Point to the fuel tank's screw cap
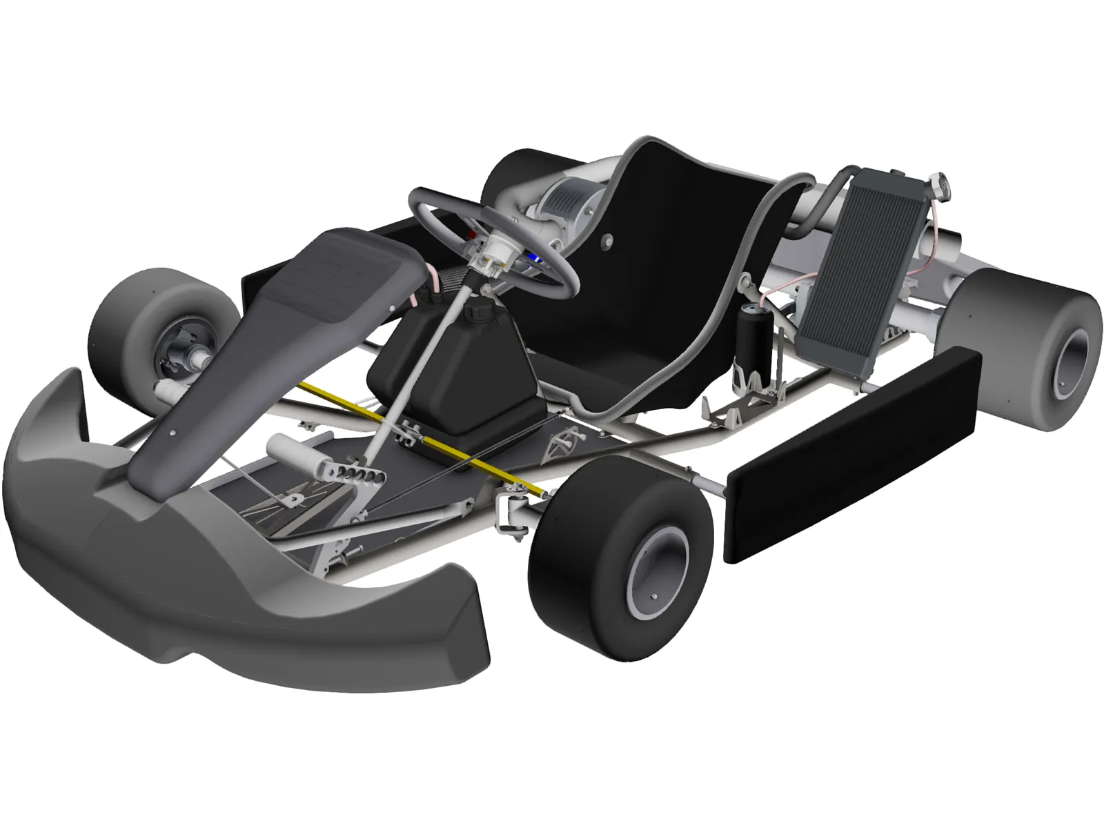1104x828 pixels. tap(475, 312)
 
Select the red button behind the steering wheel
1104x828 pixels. tap(472, 234)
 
